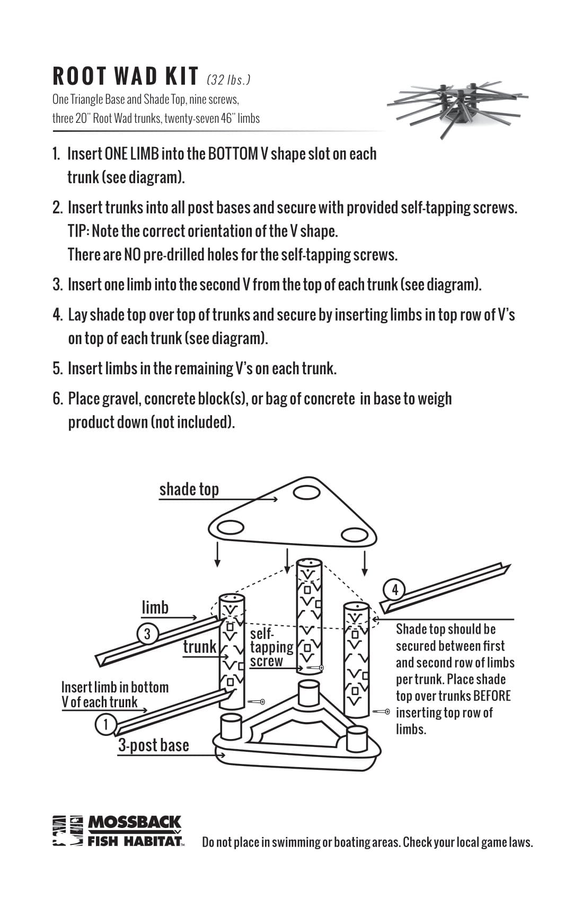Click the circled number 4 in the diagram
coord(394,589)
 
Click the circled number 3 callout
coord(147,634)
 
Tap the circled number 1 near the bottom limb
coord(105,724)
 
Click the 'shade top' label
coord(189,489)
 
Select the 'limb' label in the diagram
coord(155,607)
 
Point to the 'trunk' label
coord(200,646)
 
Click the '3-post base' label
coord(153,745)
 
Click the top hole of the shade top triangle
coord(307,492)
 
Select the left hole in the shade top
coord(229,527)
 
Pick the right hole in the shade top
coord(355,535)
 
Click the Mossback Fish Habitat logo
coord(118,831)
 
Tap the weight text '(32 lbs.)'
coord(228,80)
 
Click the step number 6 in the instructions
coord(57,399)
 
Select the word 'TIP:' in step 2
coord(79,231)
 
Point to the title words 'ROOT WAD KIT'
coord(126,76)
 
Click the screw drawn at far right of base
coord(381,712)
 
